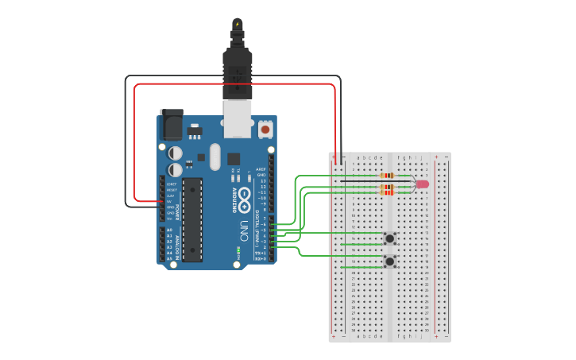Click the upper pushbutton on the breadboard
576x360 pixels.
tap(390, 238)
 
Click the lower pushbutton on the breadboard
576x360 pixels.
tap(390, 261)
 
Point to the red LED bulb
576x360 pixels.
tap(422, 184)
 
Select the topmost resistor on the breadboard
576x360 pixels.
tap(388, 176)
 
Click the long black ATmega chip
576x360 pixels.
tap(192, 219)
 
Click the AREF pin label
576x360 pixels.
tap(261, 169)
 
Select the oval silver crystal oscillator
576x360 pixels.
tap(214, 157)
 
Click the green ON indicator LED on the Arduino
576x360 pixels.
tap(238, 253)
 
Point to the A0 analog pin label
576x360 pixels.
tap(169, 230)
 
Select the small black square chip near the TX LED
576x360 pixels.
tap(234, 158)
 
